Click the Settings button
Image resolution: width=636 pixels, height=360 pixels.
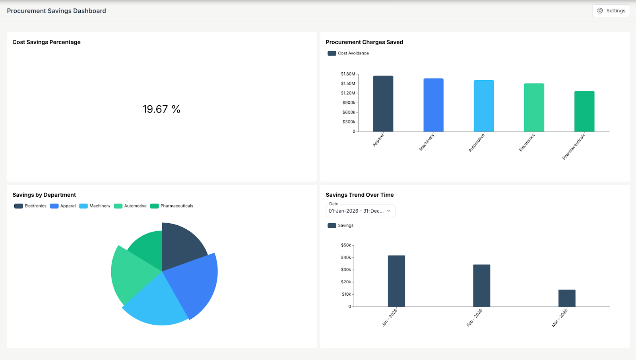[611, 11]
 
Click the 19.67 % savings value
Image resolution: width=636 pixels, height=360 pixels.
[161, 109]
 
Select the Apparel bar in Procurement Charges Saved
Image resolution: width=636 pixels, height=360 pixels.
[383, 104]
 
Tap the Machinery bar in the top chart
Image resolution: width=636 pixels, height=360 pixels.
[433, 105]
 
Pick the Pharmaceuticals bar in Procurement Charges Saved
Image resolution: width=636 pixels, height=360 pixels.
[584, 112]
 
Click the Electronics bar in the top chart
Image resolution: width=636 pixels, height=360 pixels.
[534, 108]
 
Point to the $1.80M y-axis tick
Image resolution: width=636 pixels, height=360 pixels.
[348, 74]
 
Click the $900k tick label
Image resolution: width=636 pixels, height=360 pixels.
[349, 103]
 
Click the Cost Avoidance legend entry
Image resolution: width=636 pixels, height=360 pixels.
[348, 53]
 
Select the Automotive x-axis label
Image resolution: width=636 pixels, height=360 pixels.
[477, 143]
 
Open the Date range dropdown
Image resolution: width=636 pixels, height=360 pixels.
[360, 211]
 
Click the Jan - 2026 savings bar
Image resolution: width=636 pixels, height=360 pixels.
[396, 281]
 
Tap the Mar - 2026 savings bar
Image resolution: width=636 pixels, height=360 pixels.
[567, 298]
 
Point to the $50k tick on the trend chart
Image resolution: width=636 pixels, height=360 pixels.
[346, 245]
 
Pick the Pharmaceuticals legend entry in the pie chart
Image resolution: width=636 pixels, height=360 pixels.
[172, 206]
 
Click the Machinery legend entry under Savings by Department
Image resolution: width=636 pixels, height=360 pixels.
[95, 206]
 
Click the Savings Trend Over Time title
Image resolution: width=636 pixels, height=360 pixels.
[360, 195]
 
